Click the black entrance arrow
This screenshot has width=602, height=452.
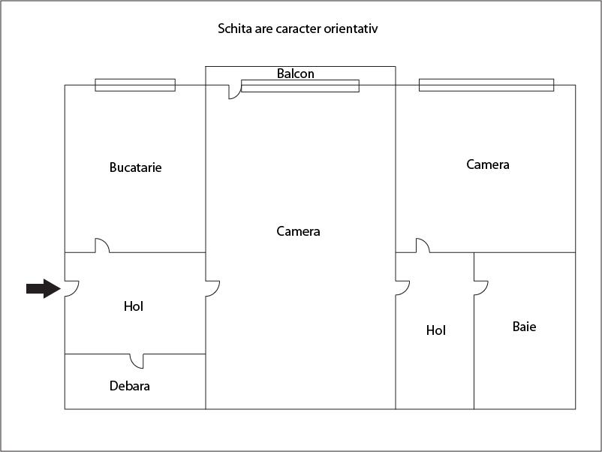(x=44, y=288)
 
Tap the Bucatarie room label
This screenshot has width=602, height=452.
(x=136, y=167)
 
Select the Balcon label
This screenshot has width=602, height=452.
(x=296, y=74)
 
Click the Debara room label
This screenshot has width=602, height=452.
(x=130, y=386)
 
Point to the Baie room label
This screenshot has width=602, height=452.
(x=524, y=327)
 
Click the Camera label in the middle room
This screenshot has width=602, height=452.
(x=298, y=231)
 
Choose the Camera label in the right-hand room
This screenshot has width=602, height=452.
(x=488, y=164)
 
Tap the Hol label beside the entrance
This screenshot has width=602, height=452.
(x=134, y=306)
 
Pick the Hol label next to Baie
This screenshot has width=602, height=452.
(x=436, y=330)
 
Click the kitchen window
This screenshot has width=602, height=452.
(x=135, y=85)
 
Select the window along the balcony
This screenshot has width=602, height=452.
(x=300, y=86)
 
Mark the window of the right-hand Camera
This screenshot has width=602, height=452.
(x=486, y=85)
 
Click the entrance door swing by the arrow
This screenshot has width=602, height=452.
(x=72, y=289)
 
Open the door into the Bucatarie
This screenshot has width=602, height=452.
(x=102, y=246)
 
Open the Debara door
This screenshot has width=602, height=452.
(x=137, y=361)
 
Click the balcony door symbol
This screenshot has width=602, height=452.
(x=235, y=92)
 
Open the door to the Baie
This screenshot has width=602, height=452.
(x=481, y=288)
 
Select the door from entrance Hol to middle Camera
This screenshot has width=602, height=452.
(x=212, y=289)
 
